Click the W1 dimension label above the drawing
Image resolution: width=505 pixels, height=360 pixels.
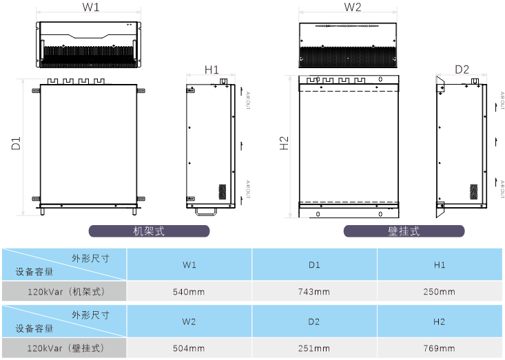(91, 8)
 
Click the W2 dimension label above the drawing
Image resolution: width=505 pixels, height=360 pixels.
(352, 8)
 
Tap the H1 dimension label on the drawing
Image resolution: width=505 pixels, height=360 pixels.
(212, 70)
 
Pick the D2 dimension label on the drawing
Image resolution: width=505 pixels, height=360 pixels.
(462, 70)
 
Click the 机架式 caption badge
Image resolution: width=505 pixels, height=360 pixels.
(149, 231)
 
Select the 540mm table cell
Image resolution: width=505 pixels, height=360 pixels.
(189, 292)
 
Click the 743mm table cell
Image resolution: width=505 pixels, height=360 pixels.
(315, 292)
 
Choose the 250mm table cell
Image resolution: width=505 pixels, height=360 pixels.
(440, 292)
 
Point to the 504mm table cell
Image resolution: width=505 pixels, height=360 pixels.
(189, 348)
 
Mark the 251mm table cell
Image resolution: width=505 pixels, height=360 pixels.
(315, 348)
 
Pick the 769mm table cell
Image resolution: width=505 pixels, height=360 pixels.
(440, 348)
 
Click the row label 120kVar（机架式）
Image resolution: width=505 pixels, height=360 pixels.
(65, 292)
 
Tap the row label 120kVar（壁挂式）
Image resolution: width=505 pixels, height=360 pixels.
(65, 348)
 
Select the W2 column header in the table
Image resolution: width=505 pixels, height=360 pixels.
(189, 321)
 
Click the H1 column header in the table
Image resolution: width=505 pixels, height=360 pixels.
(440, 265)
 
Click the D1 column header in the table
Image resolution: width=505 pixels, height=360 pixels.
(315, 265)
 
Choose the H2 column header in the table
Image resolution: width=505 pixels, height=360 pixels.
(440, 321)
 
